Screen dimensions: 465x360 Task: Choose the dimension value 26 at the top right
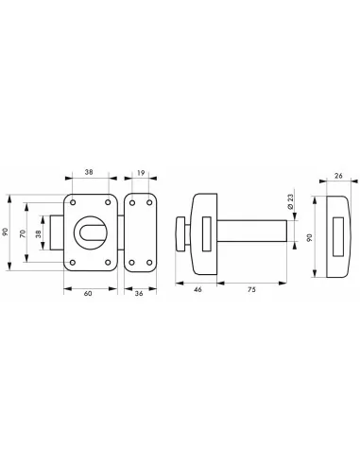pyautogui.click(x=338, y=177)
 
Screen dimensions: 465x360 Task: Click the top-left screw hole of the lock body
pyautogui.click(x=73, y=202)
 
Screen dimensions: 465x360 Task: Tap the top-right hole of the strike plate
pyautogui.click(x=148, y=202)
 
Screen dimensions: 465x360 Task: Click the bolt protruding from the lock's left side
pyautogui.click(x=58, y=232)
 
